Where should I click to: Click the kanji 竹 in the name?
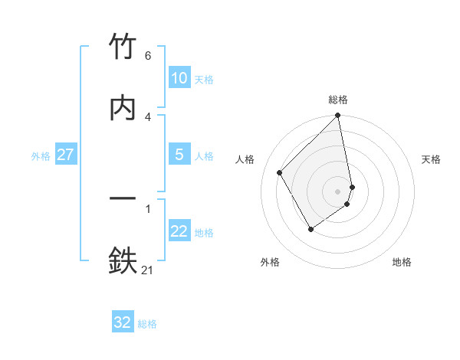click(123, 47)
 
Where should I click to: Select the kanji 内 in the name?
click(123, 107)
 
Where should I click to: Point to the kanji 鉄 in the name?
click(123, 260)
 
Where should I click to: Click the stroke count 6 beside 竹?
click(147, 56)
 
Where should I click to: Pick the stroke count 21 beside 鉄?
click(148, 270)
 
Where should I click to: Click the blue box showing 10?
click(179, 78)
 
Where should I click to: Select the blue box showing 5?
click(179, 155)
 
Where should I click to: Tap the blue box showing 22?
click(179, 231)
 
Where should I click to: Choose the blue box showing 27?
click(65, 155)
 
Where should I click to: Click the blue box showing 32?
click(123, 322)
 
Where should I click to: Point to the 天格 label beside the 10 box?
click(204, 79)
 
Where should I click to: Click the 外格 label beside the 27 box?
click(41, 155)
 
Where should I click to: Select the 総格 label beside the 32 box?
click(147, 323)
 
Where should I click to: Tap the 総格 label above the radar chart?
click(338, 100)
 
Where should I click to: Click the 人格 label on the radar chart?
click(245, 159)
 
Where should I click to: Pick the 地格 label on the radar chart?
click(402, 262)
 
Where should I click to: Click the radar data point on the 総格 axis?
click(338, 116)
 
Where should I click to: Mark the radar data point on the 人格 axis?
click(280, 172)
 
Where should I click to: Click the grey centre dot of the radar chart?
click(338, 191)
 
